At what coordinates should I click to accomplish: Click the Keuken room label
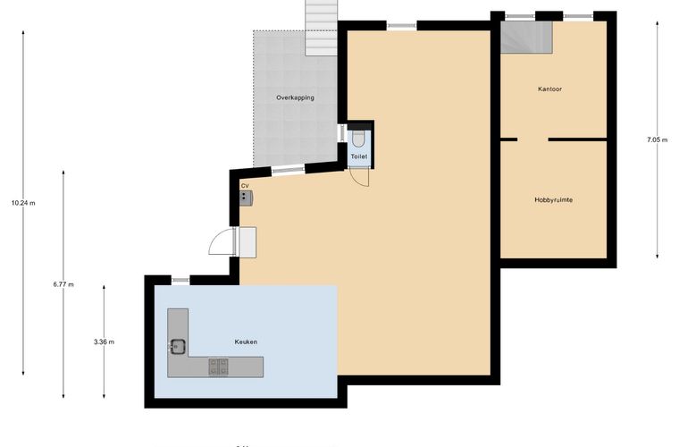click(246, 342)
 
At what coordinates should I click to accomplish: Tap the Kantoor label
click(549, 89)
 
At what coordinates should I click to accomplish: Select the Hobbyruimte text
click(553, 199)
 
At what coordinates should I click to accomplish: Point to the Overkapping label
click(296, 97)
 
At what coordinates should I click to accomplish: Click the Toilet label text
click(359, 156)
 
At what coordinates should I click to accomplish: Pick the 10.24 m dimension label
click(23, 203)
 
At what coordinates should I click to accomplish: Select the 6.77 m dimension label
click(63, 284)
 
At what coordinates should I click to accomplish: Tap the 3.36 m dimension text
click(104, 342)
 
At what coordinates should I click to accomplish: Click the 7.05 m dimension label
click(657, 139)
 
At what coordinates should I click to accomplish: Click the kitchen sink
click(178, 346)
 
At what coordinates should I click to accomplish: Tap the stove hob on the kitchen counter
click(218, 367)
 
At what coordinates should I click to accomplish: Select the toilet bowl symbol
click(358, 139)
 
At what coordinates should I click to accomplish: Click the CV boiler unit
click(246, 198)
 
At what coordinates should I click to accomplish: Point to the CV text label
click(245, 186)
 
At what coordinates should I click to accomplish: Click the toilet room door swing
click(359, 178)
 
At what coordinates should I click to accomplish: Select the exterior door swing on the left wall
click(222, 240)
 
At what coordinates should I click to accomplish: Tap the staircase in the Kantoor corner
click(526, 38)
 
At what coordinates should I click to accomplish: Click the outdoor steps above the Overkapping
click(322, 28)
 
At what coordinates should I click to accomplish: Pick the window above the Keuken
click(180, 280)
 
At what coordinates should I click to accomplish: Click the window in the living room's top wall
click(402, 26)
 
